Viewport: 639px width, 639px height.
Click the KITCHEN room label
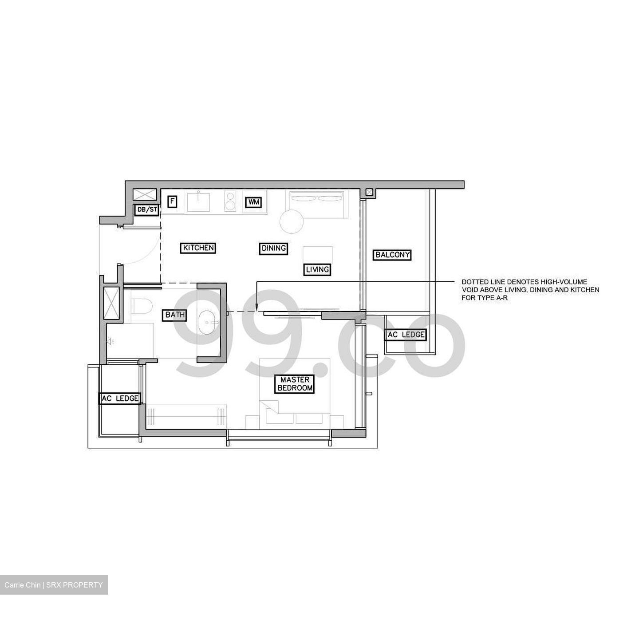point(198,248)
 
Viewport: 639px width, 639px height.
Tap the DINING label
point(273,248)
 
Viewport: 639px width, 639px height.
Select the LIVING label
point(317,269)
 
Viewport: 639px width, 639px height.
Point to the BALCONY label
point(392,255)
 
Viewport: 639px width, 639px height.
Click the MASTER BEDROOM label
point(295,384)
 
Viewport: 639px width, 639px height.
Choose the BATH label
point(175,315)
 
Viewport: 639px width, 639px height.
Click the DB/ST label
point(146,209)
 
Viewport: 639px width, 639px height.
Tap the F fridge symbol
point(172,202)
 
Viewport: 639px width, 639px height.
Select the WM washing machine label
point(253,202)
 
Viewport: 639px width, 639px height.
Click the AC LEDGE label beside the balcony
point(406,335)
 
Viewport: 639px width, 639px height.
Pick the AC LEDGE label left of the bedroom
point(120,398)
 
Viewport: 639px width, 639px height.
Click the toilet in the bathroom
point(142,305)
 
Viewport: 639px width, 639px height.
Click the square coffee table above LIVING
point(318,255)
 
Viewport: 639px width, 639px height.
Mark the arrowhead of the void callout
point(257,306)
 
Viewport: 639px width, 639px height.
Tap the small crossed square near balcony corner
point(368,192)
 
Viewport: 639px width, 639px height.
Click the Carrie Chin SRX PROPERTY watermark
point(54,585)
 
